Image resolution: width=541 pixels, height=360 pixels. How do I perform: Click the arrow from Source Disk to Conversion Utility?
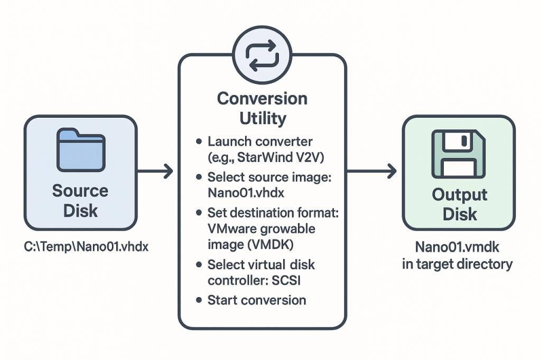tap(156, 170)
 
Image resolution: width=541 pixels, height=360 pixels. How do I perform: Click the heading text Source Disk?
tap(80, 200)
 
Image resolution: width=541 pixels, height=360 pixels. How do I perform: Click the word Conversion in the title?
tap(262, 99)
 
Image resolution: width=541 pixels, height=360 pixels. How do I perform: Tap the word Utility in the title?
tap(262, 118)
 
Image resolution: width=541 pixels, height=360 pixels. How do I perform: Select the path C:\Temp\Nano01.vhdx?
tap(80, 245)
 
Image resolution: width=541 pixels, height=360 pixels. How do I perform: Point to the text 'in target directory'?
tap(458, 263)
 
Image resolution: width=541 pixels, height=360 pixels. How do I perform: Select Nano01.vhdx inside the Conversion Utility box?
tap(246, 193)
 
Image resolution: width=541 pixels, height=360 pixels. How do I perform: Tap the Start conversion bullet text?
tap(257, 300)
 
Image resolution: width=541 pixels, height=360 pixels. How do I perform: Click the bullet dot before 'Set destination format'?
tap(199, 213)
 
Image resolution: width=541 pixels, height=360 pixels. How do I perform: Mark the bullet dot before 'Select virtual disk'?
tap(199, 264)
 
